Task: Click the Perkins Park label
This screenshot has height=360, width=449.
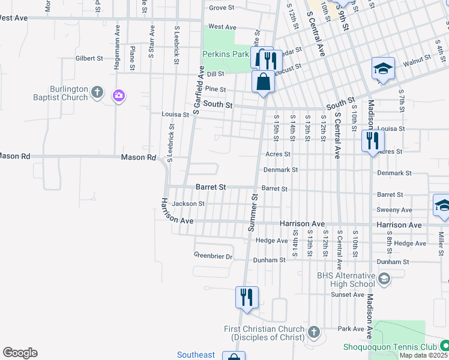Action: click(x=225, y=54)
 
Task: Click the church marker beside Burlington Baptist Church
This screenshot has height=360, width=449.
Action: click(x=98, y=93)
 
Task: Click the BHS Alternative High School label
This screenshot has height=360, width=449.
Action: click(x=345, y=280)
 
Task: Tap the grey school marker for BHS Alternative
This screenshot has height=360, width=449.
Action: click(x=384, y=278)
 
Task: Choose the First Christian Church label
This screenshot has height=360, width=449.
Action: click(x=266, y=333)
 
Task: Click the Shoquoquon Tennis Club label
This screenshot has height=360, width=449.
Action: click(x=389, y=347)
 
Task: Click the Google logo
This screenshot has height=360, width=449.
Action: click(x=20, y=353)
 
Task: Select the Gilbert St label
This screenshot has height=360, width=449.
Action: click(x=89, y=58)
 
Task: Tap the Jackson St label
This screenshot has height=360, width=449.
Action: click(x=188, y=203)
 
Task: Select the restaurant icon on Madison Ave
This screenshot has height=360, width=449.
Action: click(x=372, y=140)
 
